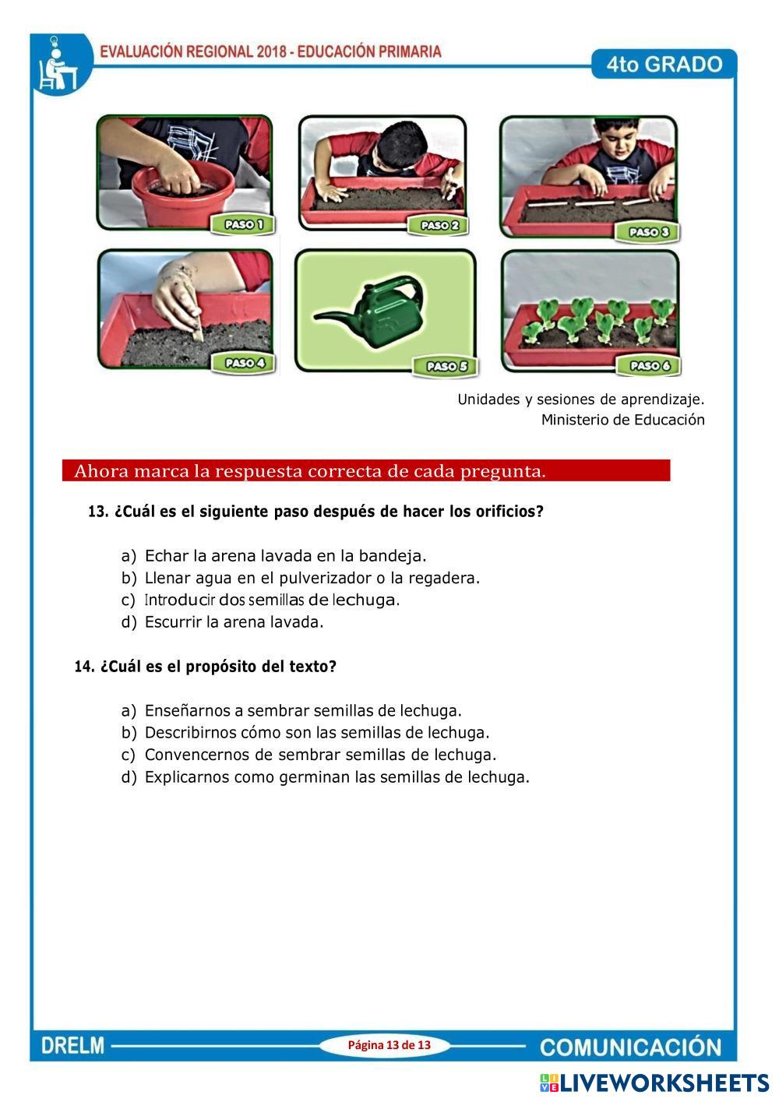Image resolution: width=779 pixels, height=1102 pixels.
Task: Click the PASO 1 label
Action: click(x=243, y=225)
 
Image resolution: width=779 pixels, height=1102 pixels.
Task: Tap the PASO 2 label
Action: click(x=439, y=226)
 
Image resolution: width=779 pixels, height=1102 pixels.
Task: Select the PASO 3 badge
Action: click(x=648, y=232)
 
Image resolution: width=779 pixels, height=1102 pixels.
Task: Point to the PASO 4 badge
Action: click(x=244, y=364)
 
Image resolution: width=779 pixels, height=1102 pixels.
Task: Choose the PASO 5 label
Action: click(x=446, y=367)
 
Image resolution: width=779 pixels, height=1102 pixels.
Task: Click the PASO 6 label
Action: click(x=649, y=365)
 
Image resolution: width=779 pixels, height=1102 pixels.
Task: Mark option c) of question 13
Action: click(x=260, y=600)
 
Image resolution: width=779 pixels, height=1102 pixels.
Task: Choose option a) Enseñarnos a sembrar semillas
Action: click(x=291, y=711)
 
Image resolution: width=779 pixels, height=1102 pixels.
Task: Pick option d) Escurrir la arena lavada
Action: click(x=223, y=622)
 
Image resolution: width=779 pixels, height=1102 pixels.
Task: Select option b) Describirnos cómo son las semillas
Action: click(x=305, y=733)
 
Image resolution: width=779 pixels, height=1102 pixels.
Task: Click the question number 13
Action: click(x=98, y=512)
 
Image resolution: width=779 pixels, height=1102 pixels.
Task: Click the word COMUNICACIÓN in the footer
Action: click(x=630, y=1047)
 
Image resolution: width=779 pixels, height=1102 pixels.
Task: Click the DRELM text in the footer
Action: click(x=72, y=1046)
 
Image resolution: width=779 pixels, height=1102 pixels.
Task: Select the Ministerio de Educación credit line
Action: click(x=623, y=420)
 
